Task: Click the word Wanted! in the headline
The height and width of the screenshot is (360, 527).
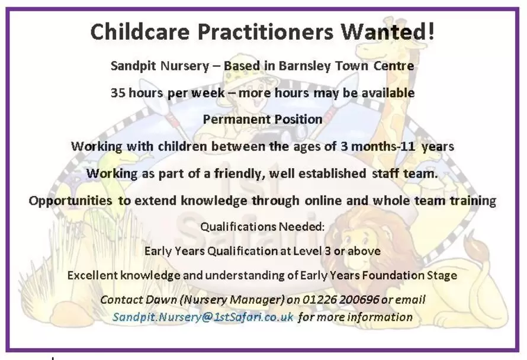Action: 388,31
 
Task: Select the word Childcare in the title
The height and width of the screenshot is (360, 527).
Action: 140,31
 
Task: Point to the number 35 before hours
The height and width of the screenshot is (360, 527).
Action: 118,93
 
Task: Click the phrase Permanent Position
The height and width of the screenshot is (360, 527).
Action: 263,120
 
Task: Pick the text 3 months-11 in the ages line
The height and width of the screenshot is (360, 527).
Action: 378,147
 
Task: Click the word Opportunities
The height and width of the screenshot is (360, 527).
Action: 70,201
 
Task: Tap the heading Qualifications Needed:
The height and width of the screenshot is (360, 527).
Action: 262,227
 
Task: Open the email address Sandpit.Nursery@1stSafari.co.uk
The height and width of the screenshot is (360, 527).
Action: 203,317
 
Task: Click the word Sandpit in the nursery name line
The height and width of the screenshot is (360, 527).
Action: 133,66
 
